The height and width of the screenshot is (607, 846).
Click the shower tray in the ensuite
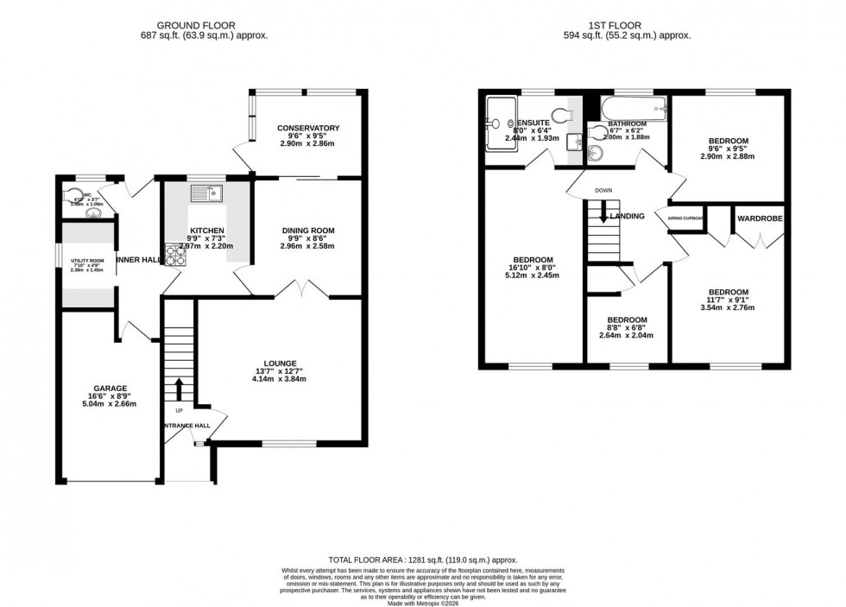point(499,123)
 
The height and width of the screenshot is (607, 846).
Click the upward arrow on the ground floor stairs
point(179,389)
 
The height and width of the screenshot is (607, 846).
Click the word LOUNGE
point(281,364)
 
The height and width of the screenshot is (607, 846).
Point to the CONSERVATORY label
point(308,129)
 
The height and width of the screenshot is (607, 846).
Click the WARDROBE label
point(760,218)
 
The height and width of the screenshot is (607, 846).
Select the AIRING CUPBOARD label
point(686,218)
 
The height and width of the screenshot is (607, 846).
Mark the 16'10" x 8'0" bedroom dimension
point(533,269)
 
